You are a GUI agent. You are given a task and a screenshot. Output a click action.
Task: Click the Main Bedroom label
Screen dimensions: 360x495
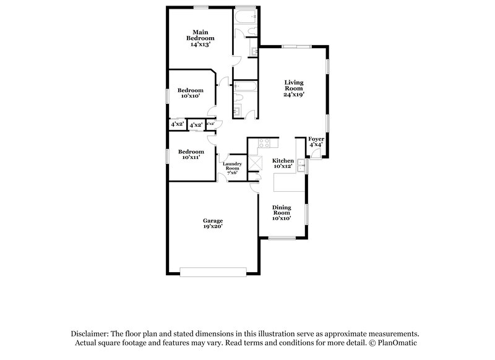click(199, 38)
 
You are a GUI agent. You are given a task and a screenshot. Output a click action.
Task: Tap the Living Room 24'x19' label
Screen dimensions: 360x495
click(295, 89)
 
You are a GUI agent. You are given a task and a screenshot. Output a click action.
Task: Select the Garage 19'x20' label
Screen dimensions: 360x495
click(213, 224)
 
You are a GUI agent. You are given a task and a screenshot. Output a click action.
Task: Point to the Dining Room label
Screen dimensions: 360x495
click(282, 213)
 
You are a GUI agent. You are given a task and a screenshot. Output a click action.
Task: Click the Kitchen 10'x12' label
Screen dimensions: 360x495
click(283, 163)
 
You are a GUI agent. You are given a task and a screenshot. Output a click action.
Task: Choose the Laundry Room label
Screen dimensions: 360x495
click(232, 168)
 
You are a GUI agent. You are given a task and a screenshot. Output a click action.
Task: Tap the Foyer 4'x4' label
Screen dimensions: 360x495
click(316, 142)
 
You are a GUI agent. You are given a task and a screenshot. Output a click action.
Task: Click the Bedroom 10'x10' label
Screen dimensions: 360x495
click(191, 93)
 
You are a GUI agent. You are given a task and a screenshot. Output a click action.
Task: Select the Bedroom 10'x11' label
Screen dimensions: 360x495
click(191, 155)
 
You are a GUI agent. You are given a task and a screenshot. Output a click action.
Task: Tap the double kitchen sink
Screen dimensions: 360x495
click(301, 165)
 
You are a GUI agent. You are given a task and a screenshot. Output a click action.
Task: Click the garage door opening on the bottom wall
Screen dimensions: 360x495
click(213, 270)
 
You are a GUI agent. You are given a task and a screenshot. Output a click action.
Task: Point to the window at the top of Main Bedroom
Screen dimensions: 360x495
click(200, 7)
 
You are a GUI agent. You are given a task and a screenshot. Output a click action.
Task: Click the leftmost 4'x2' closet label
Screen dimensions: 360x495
click(177, 124)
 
